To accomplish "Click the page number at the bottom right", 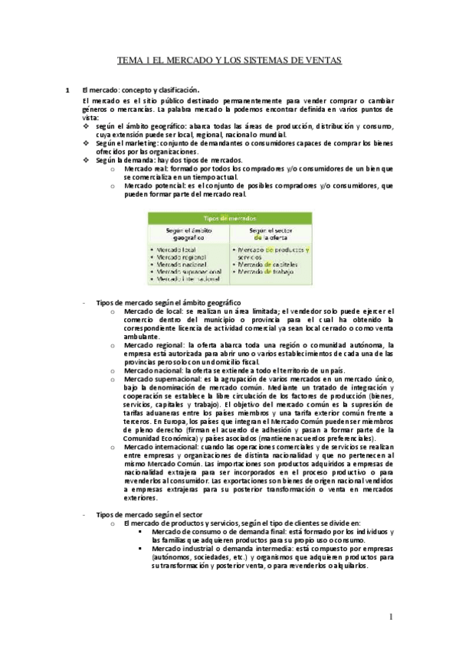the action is click(x=390, y=615).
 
